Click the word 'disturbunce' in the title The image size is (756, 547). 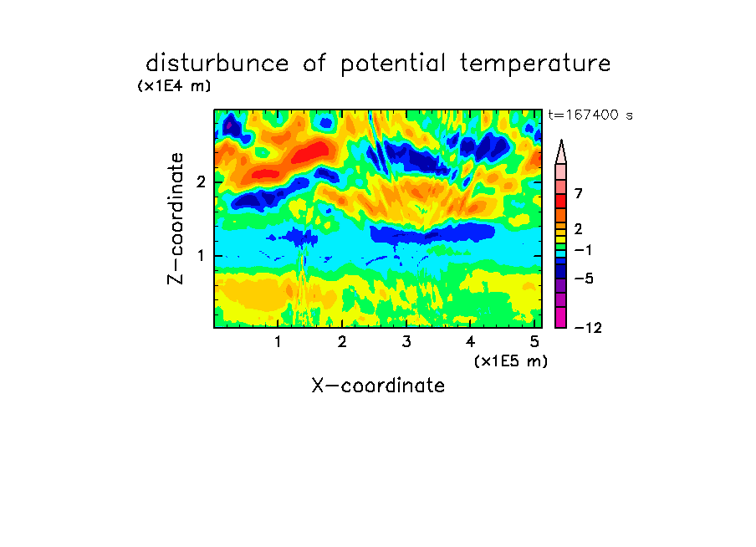click(217, 64)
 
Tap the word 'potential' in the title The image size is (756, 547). click(393, 64)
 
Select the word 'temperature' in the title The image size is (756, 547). click(534, 64)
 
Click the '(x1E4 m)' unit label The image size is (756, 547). click(174, 86)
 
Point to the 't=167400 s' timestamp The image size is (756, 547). click(590, 115)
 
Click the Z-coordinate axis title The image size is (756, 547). click(176, 218)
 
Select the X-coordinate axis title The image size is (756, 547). click(378, 386)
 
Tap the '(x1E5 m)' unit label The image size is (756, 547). click(511, 360)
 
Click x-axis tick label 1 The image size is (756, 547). click(278, 341)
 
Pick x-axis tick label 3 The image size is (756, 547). click(406, 341)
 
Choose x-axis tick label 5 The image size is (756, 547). click(534, 341)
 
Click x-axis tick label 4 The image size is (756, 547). click(470, 341)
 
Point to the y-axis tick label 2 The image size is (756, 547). click(201, 182)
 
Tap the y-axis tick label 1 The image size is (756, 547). click(201, 255)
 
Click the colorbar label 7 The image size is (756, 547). click(579, 194)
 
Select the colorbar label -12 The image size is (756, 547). click(589, 328)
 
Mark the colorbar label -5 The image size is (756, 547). click(584, 279)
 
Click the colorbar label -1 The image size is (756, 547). click(583, 250)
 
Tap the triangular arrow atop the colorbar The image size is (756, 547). click(561, 152)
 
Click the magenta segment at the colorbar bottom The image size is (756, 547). click(561, 317)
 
